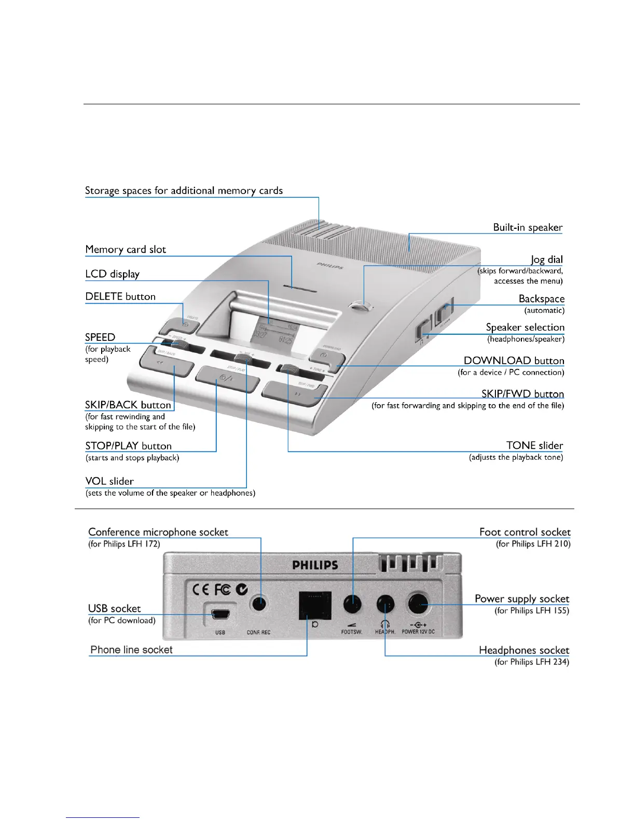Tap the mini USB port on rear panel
point(220,614)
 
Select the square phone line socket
point(315,605)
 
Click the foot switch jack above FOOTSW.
point(352,604)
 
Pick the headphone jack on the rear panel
point(385,604)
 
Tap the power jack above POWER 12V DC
point(418,604)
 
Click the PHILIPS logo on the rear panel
point(315,565)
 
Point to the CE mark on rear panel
point(200,590)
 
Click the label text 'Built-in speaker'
point(528,227)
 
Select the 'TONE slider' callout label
point(534,445)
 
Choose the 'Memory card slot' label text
point(126,250)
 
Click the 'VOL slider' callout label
point(109,481)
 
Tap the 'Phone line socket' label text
point(131,650)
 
